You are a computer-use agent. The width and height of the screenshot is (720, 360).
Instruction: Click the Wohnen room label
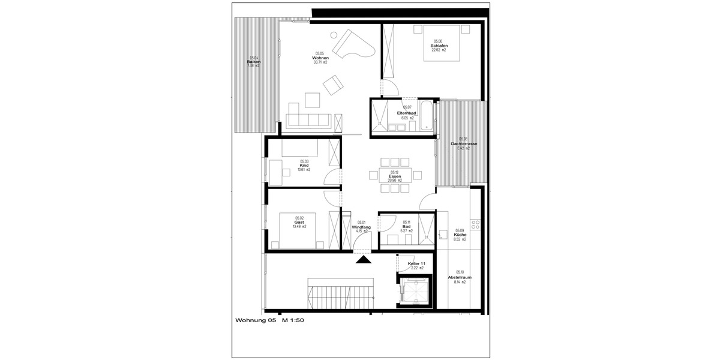pyautogui.click(x=320, y=58)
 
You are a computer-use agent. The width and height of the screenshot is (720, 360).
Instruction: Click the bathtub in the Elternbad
pyautogui.click(x=425, y=116)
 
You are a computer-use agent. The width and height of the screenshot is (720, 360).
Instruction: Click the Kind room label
pyautogui.click(x=304, y=166)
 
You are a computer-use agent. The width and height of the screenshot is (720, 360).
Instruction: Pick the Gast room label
pyautogui.click(x=299, y=223)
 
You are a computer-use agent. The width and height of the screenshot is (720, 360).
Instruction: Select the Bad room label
pyautogui.click(x=406, y=226)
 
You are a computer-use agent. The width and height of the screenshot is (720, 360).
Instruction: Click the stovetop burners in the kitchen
pyautogui.click(x=476, y=224)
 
